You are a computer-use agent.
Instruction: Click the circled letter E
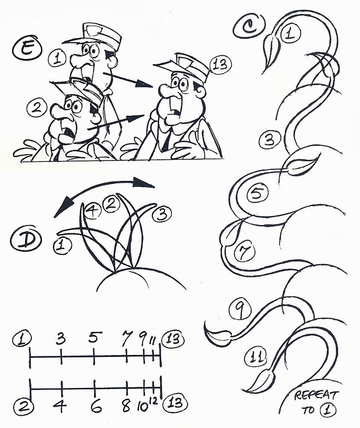tap(27, 50)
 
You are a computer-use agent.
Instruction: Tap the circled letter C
tap(249, 25)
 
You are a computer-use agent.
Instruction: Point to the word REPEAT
tap(316, 395)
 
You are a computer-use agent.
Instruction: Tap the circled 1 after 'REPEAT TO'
tap(327, 410)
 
